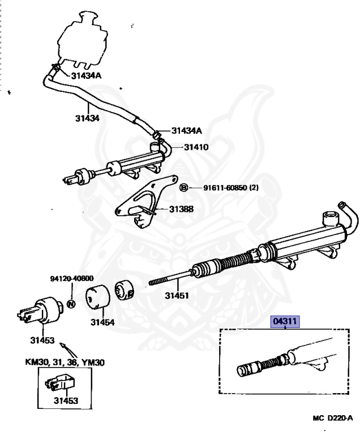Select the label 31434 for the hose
click(x=87, y=118)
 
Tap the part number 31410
click(x=196, y=147)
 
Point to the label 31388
click(x=181, y=209)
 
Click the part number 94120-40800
click(x=70, y=279)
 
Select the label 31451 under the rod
click(x=177, y=295)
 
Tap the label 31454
click(x=102, y=322)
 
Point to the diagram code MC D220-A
click(x=332, y=419)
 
